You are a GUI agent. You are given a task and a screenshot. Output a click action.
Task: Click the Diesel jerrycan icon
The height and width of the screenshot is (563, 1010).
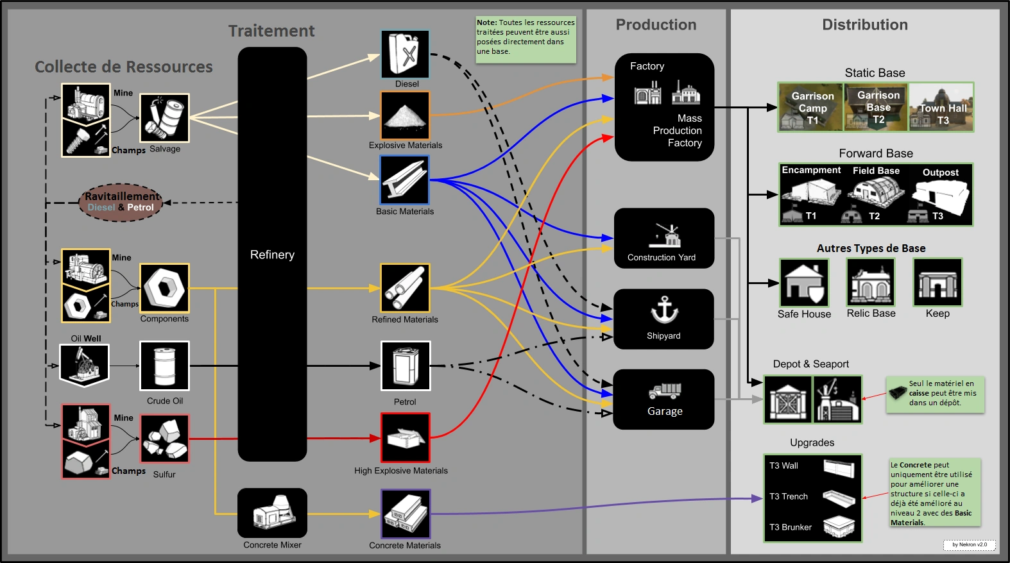pos(405,54)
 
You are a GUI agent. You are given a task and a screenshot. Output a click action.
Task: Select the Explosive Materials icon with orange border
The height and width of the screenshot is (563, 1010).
pos(405,115)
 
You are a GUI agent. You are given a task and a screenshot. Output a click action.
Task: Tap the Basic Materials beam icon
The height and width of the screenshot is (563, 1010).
pos(404,180)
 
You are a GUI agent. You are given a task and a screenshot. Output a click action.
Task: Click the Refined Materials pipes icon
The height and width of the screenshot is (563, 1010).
pos(405,288)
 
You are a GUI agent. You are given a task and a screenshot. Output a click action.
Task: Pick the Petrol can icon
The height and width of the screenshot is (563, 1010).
pos(406,366)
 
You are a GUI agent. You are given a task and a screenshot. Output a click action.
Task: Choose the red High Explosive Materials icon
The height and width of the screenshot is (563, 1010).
pos(405,438)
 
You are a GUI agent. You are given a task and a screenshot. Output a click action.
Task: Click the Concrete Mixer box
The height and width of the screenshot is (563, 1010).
pos(272,513)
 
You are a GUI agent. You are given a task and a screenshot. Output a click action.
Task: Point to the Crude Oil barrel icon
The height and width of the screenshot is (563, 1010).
pos(165,366)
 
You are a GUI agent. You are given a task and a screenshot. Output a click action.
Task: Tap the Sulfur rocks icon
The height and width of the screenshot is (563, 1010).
pos(165,439)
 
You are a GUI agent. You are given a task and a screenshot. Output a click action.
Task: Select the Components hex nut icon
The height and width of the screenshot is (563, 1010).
pos(165,288)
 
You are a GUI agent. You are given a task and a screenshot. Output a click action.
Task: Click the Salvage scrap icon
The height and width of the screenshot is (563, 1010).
pos(165,118)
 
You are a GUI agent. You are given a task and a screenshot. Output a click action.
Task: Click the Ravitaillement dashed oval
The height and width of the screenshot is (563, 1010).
pos(121,202)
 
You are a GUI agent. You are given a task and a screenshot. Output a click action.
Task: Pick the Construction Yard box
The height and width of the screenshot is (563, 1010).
pos(664,238)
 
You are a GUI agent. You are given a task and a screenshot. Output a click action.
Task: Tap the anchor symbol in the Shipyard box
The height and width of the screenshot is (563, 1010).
pos(664,310)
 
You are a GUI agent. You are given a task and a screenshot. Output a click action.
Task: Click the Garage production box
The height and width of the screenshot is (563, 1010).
pos(664,399)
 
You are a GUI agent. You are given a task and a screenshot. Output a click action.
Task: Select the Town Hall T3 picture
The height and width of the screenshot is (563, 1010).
pos(941,107)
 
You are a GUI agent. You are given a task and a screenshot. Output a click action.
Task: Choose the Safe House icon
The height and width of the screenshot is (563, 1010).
pos(804,283)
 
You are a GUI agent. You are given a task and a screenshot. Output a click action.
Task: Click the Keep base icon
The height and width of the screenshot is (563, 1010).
pos(937,283)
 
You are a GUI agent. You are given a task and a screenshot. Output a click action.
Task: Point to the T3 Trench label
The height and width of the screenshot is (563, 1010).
pos(789,496)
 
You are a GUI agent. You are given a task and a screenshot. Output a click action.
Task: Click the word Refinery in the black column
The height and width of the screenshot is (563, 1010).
pos(272,255)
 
